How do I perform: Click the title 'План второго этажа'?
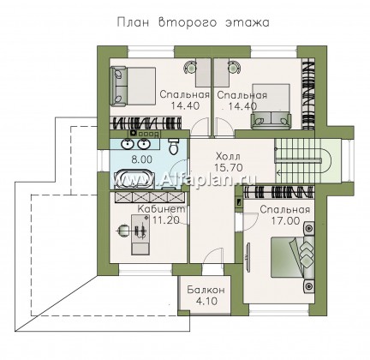(193, 22)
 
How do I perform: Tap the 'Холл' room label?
(228, 156)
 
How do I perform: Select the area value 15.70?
(229, 168)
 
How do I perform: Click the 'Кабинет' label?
(162, 209)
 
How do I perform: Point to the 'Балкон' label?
(206, 290)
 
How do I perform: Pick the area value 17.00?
(285, 221)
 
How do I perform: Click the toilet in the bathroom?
(173, 147)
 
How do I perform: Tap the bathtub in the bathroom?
(134, 179)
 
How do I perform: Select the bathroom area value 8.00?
(141, 159)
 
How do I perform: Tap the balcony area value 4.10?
(206, 301)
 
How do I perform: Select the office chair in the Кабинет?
(123, 230)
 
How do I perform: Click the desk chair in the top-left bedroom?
(190, 67)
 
